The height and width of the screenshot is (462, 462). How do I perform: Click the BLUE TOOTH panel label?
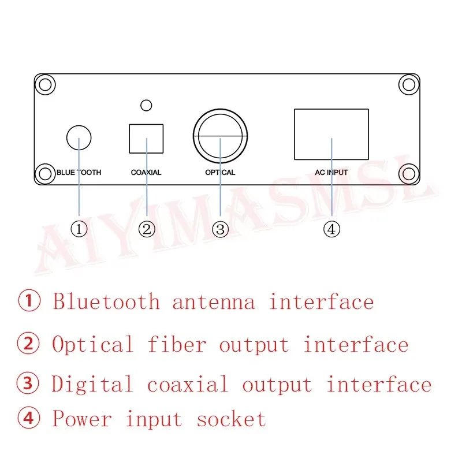pos(79,172)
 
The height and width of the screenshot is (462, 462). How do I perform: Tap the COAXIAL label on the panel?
pos(146,172)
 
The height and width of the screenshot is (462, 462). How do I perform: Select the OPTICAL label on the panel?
pos(220,172)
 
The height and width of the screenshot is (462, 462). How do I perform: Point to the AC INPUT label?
pos(331,172)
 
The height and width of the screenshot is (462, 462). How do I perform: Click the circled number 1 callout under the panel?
pos(79,229)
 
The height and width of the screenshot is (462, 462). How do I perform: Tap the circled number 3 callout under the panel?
pos(220,229)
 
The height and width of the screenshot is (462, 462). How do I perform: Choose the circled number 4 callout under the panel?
pos(331,229)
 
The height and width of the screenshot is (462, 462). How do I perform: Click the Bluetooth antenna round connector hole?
pos(79,139)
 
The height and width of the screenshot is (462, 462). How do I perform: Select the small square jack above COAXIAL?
pos(146,137)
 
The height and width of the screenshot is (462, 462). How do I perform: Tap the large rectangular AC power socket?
pos(331,134)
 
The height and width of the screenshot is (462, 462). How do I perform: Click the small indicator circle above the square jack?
pos(146,105)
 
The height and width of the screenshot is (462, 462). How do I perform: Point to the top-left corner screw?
pos(44,84)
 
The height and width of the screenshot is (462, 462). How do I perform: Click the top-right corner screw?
pos(408,84)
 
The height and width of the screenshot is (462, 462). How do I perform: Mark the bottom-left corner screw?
pos(44,174)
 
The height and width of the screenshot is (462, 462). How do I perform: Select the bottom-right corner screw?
pos(408,174)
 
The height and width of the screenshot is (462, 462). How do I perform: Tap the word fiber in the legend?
pos(177,345)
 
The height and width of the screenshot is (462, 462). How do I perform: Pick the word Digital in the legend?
pos(92,385)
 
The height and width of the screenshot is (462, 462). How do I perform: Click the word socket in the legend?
pos(231,419)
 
